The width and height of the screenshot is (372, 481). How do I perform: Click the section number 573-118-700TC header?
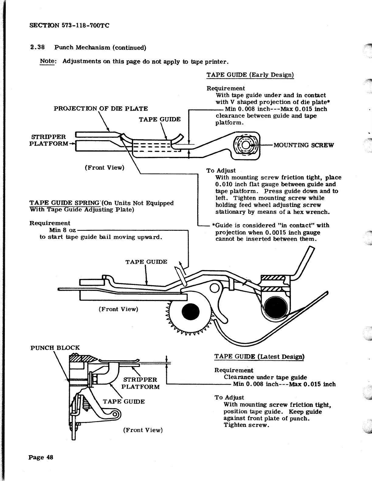click(x=69, y=26)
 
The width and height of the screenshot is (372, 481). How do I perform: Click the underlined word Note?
click(x=47, y=61)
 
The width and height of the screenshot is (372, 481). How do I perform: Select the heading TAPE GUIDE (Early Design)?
click(x=250, y=75)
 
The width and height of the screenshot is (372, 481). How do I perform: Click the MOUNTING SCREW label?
click(x=303, y=145)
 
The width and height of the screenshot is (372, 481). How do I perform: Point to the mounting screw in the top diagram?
click(x=246, y=145)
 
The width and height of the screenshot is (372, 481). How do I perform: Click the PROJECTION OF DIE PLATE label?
click(x=101, y=109)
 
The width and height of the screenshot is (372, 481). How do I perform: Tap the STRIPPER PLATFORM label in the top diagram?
click(x=48, y=140)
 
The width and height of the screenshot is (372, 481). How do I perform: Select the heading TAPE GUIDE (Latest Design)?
click(x=259, y=356)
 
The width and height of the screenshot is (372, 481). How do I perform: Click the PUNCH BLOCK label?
click(x=55, y=348)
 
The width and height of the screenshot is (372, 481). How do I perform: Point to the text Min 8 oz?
click(x=62, y=230)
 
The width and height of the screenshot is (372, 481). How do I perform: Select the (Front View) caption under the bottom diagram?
click(x=143, y=430)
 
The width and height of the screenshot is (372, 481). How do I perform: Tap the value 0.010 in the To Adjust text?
click(x=223, y=184)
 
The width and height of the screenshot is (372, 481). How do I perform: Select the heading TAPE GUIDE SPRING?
click(x=64, y=203)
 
